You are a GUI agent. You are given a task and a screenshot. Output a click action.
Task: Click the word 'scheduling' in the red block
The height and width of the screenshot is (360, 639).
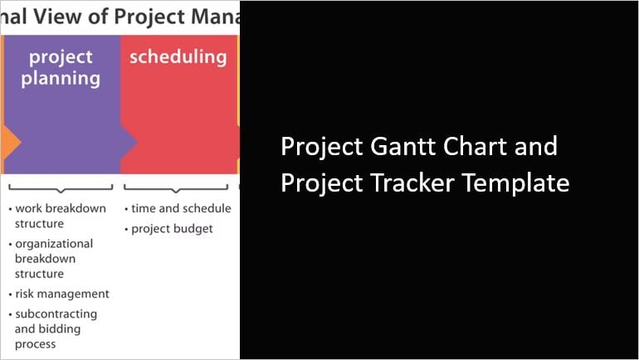178,56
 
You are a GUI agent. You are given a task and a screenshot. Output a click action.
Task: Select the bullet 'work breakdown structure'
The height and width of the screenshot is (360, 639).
60,216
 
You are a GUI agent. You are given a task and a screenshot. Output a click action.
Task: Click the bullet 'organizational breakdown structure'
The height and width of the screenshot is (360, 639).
54,259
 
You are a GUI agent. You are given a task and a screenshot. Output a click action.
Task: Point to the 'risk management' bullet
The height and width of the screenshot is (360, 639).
61,294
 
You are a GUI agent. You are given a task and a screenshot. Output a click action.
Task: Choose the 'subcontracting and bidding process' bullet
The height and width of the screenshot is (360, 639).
56,328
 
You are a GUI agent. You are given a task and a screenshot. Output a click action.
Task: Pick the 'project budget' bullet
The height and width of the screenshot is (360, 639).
172,228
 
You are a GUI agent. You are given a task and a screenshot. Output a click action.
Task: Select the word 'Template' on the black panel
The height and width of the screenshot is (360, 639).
516,182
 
